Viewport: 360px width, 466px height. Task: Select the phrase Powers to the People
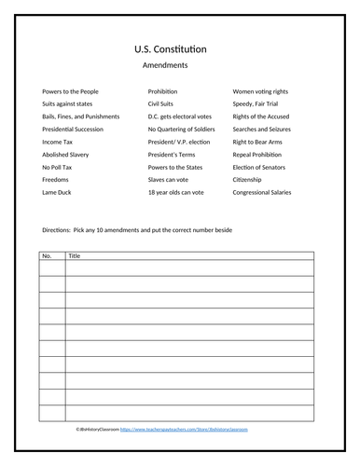coord(70,91)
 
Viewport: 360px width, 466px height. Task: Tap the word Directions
coord(58,229)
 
